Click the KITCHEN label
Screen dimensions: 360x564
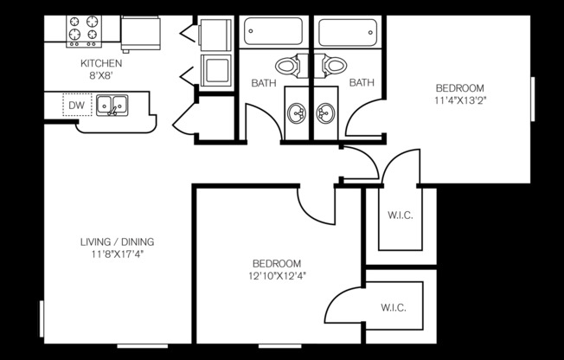coord(101,64)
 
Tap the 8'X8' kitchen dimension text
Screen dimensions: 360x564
coord(101,75)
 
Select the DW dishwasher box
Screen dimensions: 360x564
coord(77,106)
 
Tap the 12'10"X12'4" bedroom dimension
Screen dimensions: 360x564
coord(276,276)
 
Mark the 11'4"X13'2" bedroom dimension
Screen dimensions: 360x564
coord(459,100)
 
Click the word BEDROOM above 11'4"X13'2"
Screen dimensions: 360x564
coord(459,88)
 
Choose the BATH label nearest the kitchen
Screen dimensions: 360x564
coord(263,84)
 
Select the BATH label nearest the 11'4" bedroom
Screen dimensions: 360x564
coord(362,84)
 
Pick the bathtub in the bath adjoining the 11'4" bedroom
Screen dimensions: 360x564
coord(348,33)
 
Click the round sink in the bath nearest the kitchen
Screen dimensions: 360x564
coord(298,112)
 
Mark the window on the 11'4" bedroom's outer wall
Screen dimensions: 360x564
coord(532,100)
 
